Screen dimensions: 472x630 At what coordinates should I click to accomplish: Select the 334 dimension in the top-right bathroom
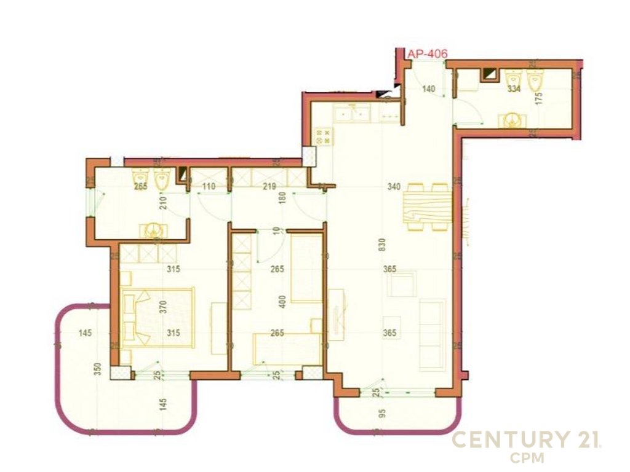[x=513, y=89]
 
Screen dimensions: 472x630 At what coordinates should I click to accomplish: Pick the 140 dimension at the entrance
[x=428, y=89]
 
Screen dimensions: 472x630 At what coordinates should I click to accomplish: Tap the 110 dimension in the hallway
[x=209, y=187]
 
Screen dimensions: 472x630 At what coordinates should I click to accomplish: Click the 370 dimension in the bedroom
[x=164, y=307]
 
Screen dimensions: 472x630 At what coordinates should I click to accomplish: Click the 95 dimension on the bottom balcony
[x=382, y=412]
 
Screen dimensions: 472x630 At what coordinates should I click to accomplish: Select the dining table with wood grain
[x=428, y=207]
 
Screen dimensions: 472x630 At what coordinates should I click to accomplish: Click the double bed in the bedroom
[x=159, y=317]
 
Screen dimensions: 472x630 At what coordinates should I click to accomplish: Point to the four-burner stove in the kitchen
[x=323, y=136]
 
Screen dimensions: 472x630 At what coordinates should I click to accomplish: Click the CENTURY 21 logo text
[x=526, y=440]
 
